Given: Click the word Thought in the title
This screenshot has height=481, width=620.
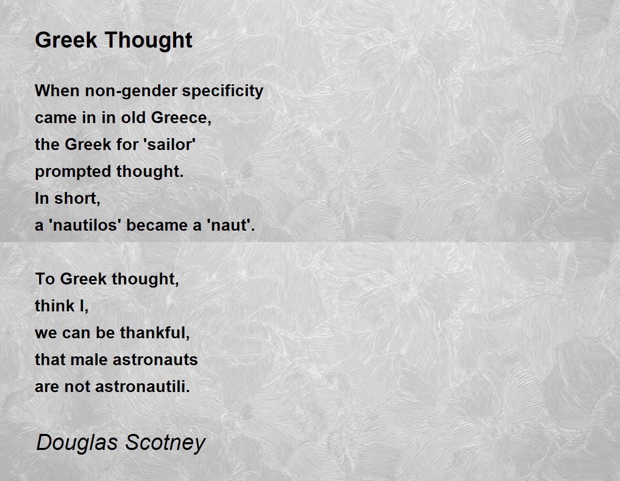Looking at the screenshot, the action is coord(149,41).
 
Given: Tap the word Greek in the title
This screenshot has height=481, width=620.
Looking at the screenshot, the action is coord(66,40).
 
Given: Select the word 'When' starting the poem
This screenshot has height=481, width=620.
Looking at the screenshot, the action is coord(57,91).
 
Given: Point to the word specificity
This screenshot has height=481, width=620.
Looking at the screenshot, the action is coord(223,92).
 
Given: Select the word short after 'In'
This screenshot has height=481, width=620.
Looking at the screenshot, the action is coord(78,198).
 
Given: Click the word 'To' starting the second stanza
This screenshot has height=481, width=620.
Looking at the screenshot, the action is coord(45,279).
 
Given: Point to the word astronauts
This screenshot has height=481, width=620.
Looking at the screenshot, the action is coord(155,360).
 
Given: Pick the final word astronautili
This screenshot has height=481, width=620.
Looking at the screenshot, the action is coord(143,387).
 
